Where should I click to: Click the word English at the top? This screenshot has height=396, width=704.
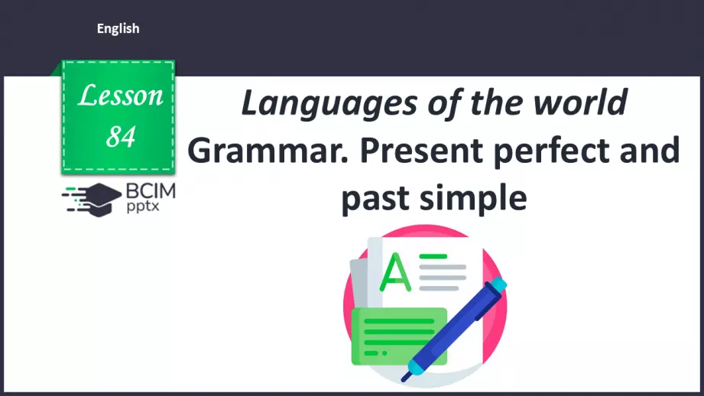118,29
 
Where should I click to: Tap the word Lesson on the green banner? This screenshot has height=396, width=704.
121,96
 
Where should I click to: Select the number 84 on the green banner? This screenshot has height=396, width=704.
121,136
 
